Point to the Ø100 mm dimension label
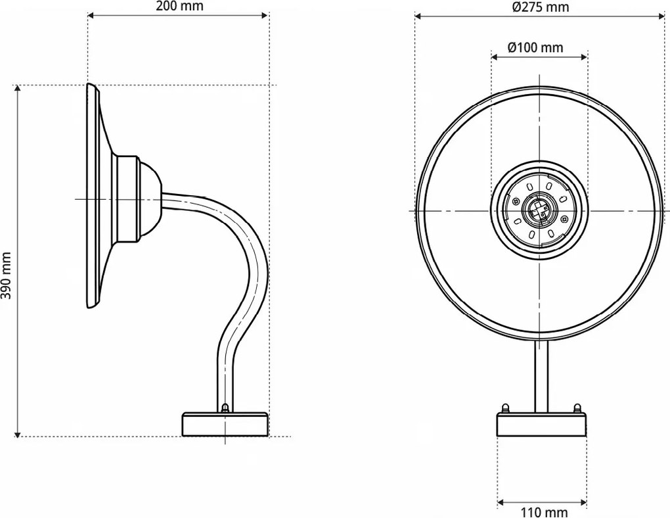coord(536,47)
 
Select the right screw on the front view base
coord(577,408)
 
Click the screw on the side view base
coord(225,408)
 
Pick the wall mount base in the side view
coord(225,424)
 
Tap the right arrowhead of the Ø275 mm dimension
coord(659,16)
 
